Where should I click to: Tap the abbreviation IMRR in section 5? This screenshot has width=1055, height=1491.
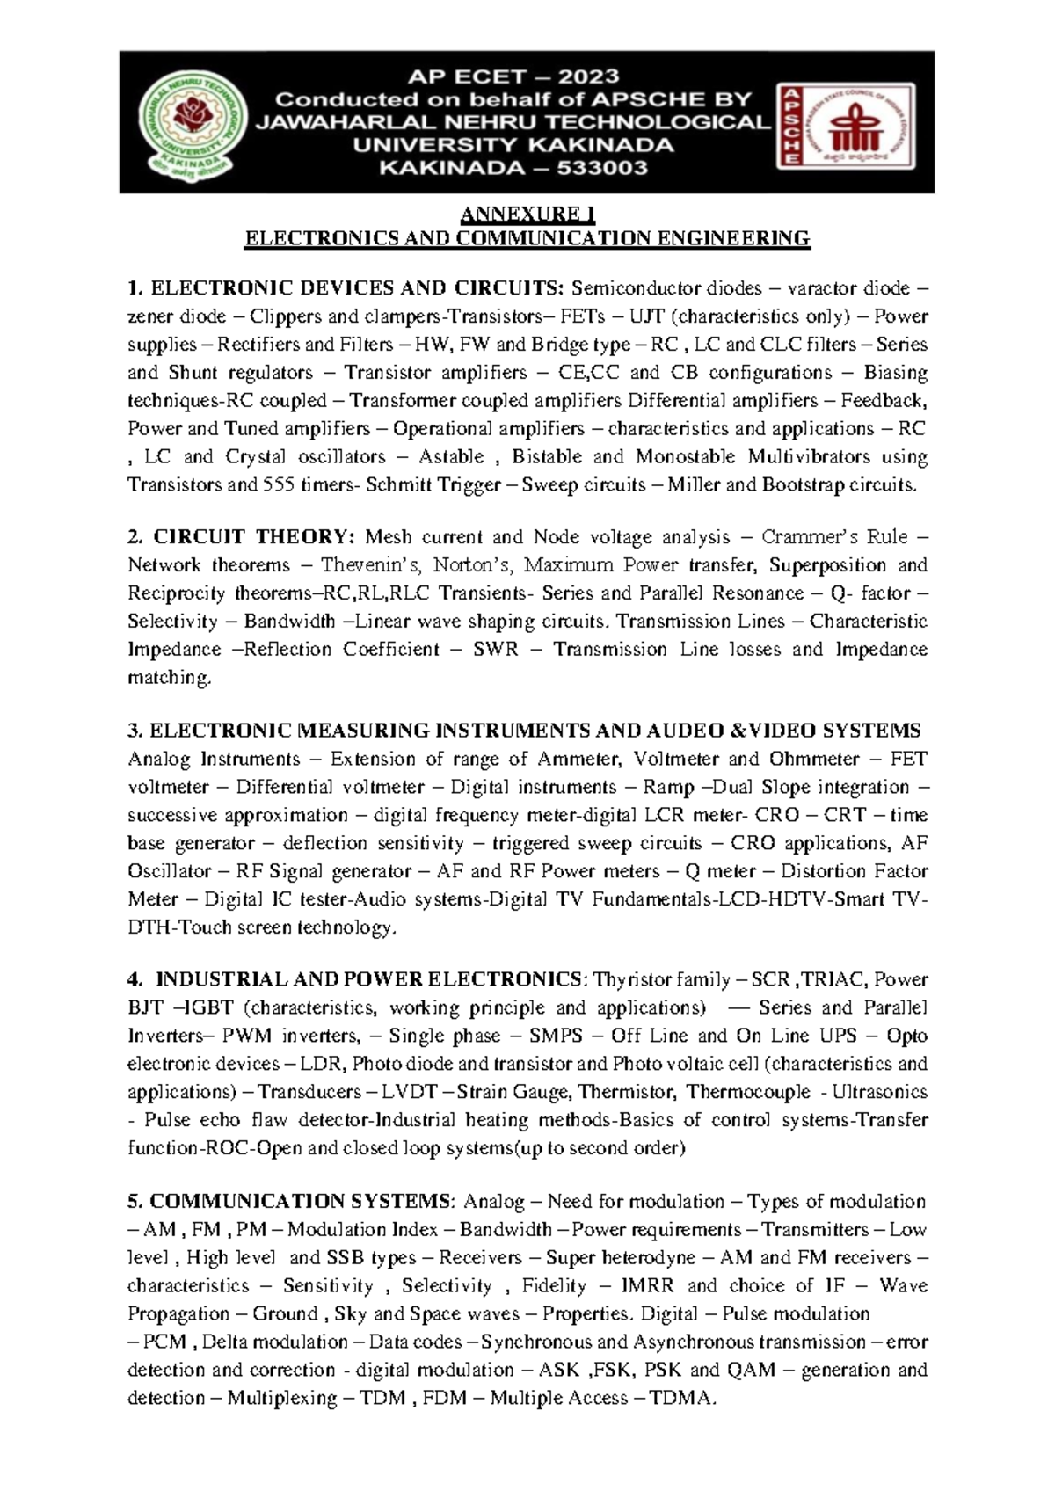[x=647, y=1286]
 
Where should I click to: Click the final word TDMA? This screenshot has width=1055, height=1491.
[x=681, y=1398]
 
